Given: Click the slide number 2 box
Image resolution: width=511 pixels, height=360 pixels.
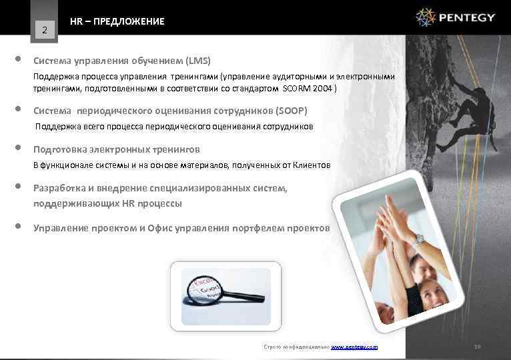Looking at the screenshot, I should (x=44, y=29).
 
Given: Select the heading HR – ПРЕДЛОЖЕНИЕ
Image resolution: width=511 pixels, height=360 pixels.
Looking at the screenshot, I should (x=117, y=22).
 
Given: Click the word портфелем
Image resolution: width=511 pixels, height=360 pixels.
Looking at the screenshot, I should (x=254, y=228).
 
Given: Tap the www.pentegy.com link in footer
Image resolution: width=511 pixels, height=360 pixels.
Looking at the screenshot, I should (x=354, y=347).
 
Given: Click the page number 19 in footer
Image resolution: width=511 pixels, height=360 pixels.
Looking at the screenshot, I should (x=477, y=347).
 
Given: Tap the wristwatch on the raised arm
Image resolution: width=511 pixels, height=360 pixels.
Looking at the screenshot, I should (x=418, y=239).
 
